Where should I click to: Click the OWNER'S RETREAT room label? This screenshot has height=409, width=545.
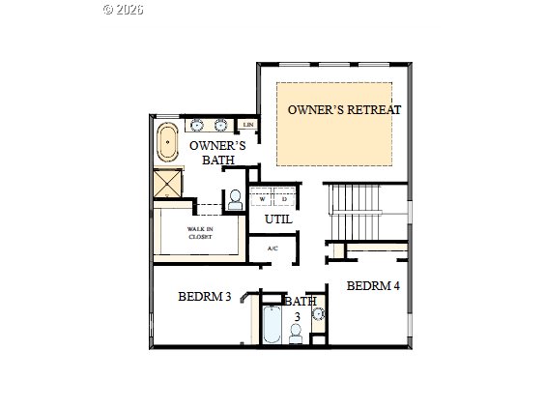click(343, 109)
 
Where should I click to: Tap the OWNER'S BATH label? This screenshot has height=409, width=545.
click(217, 152)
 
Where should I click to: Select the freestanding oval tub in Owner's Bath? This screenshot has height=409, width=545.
click(168, 141)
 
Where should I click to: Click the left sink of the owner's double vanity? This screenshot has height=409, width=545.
click(197, 125)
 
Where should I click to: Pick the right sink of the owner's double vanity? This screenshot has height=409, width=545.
click(220, 125)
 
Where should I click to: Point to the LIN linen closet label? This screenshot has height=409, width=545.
click(248, 125)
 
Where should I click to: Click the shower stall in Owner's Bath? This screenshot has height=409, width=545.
click(168, 184)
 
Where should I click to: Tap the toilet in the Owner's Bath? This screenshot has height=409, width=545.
click(234, 199)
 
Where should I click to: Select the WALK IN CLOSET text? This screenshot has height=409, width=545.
click(199, 233)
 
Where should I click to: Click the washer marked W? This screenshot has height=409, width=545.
click(263, 199)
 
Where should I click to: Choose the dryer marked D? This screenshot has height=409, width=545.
click(284, 199)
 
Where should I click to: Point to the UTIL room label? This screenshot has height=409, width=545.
click(278, 219)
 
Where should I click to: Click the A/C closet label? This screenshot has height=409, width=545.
click(272, 249)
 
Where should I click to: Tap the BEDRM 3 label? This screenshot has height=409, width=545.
click(204, 296)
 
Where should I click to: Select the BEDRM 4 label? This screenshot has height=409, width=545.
click(373, 285)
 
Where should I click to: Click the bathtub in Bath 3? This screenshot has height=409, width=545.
click(272, 325)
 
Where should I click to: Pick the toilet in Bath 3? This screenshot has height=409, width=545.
click(296, 333)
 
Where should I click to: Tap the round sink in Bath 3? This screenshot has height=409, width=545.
click(318, 314)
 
